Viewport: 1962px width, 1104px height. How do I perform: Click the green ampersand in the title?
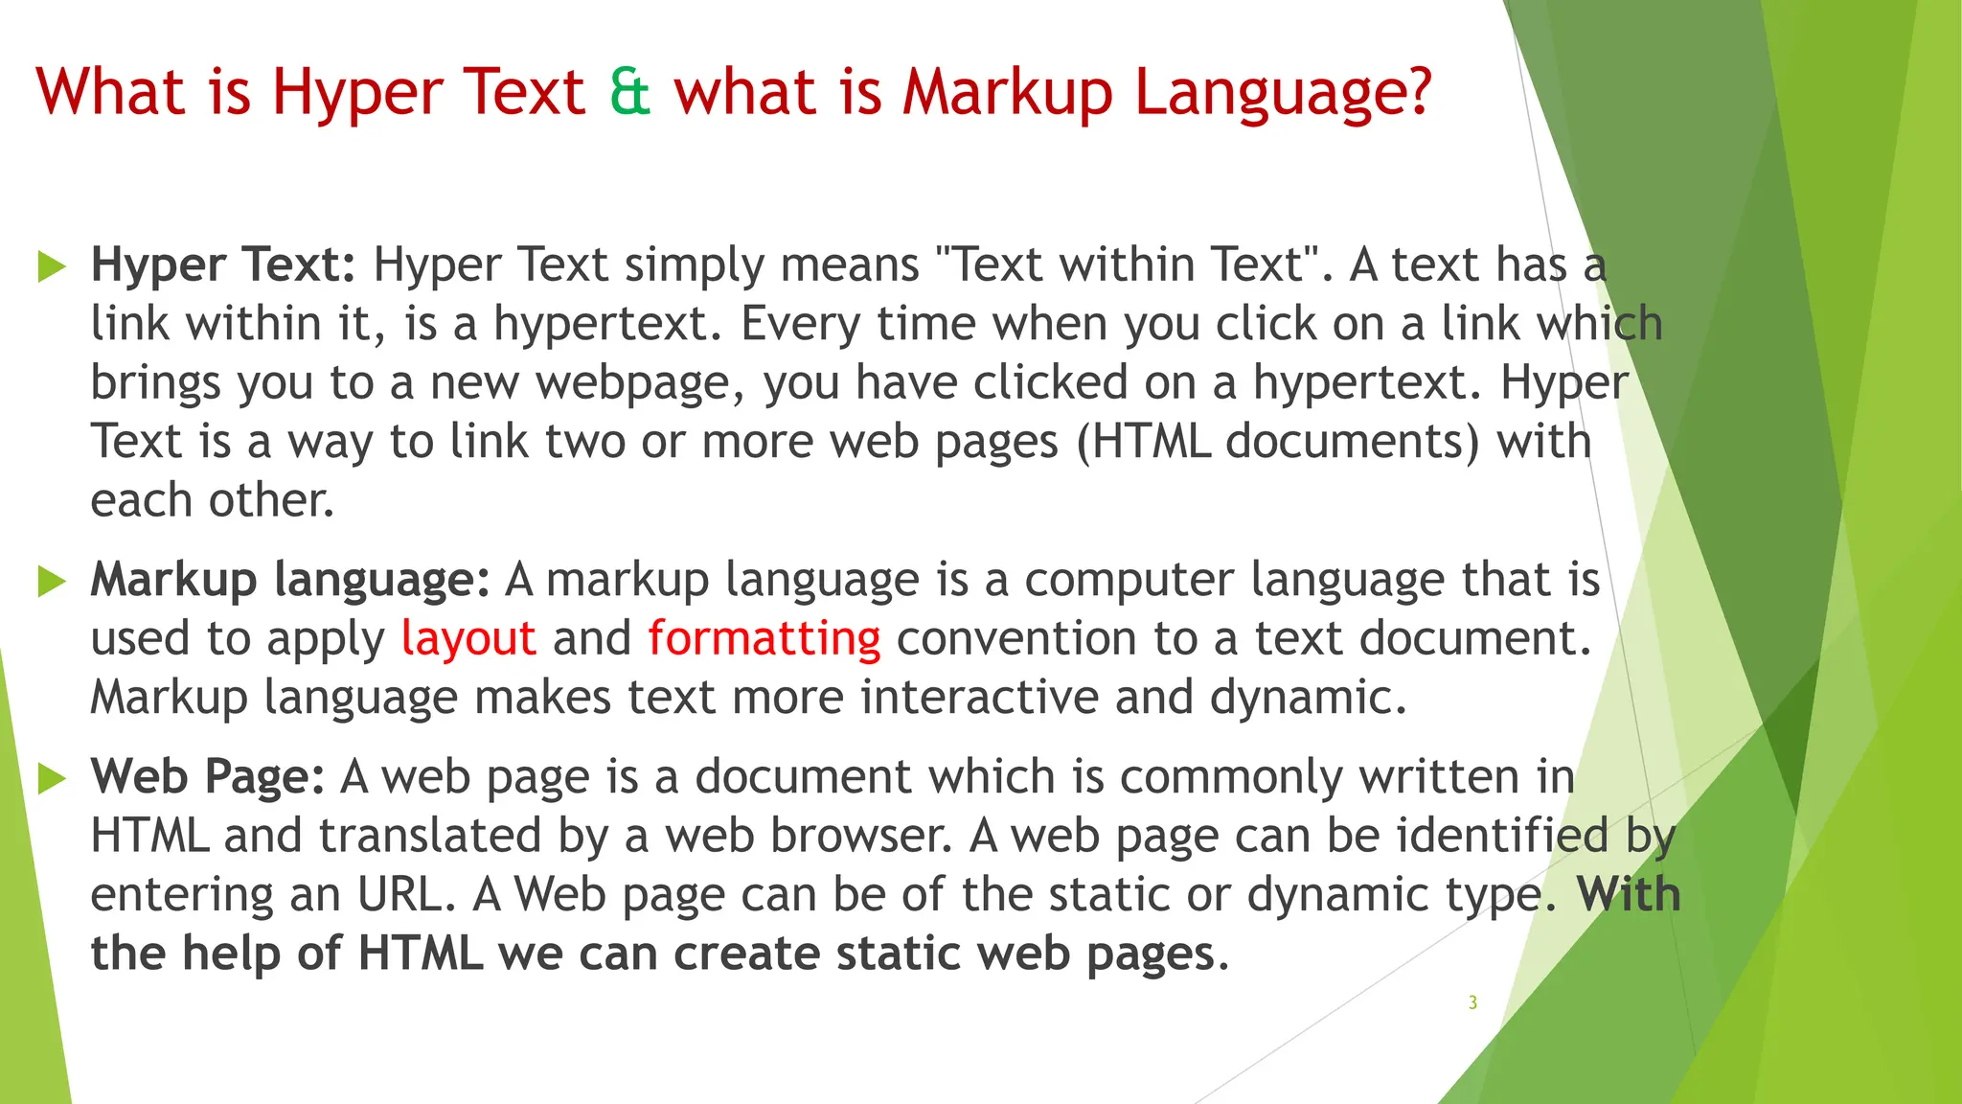[629, 92]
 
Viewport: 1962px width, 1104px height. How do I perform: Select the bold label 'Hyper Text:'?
[223, 264]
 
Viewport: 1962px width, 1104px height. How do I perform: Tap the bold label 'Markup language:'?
[290, 580]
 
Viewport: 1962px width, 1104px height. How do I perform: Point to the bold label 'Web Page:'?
[208, 776]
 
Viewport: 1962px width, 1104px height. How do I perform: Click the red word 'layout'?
[468, 639]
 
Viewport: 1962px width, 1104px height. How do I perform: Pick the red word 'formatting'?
[764, 639]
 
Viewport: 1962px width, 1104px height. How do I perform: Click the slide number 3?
[1472, 1002]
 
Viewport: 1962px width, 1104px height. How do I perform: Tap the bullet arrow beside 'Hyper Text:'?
[52, 266]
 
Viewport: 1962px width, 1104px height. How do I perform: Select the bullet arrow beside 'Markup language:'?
[52, 581]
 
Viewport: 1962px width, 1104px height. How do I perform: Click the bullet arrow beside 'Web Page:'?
[52, 778]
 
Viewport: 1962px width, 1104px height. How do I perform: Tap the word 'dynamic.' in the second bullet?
[1308, 698]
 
